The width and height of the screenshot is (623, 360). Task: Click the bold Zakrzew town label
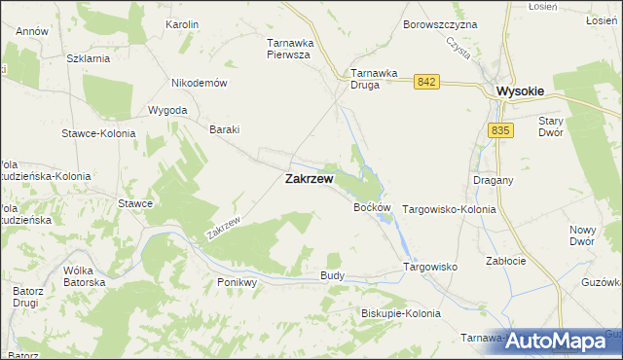310,179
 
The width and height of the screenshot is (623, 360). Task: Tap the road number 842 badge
424,83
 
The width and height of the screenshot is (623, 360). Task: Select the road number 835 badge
501,130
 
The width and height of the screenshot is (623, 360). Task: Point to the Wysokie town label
520,90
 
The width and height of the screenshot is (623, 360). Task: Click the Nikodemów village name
199,83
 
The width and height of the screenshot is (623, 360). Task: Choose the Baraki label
225,129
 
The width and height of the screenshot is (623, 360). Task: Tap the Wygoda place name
167,110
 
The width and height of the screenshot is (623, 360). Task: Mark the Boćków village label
372,207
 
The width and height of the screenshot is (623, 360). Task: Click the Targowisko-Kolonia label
449,209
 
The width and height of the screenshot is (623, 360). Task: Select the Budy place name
332,276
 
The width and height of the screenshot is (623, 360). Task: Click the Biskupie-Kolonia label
400,313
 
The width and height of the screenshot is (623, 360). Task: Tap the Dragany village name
493,180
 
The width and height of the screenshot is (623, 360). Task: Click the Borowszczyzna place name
440,23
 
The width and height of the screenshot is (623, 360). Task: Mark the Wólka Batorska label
84,276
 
